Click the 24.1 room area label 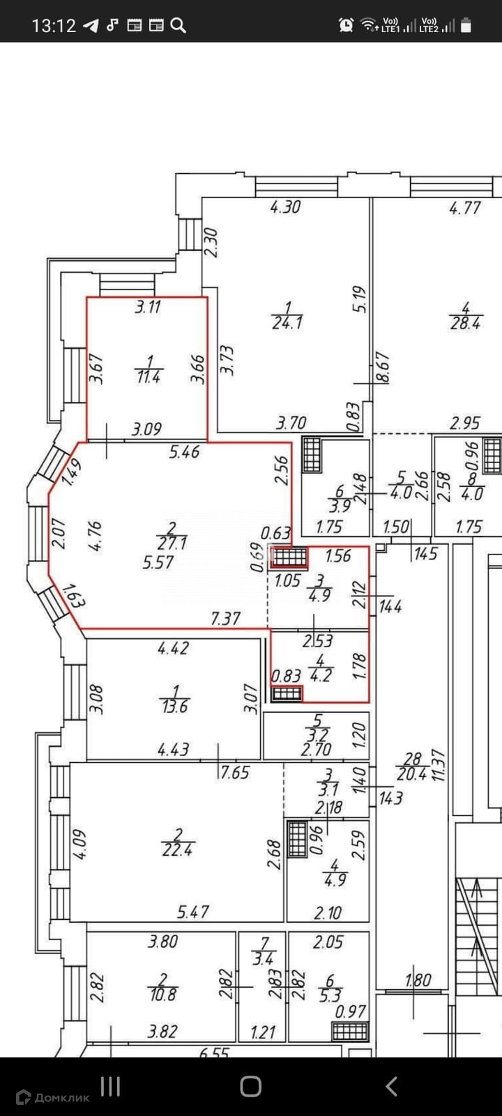click(287, 324)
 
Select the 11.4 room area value click(148, 377)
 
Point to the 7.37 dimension click(225, 618)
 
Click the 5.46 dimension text click(184, 452)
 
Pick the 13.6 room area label click(174, 707)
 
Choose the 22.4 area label click(177, 850)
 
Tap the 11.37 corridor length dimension click(439, 765)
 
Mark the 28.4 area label click(465, 324)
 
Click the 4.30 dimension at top click(285, 207)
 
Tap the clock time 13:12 click(54, 26)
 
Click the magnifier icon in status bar click(178, 26)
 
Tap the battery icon click(466, 26)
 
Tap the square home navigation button click(250, 1086)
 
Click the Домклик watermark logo click(53, 1097)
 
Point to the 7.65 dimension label click(234, 773)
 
